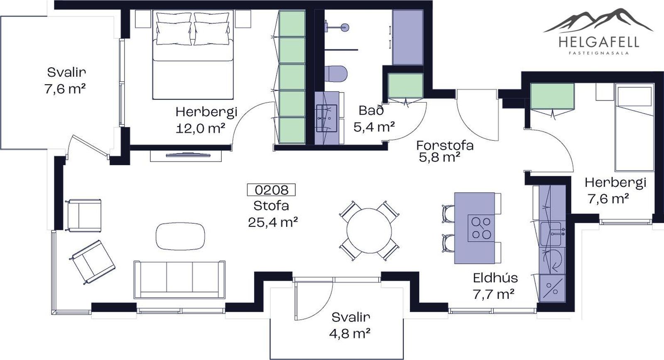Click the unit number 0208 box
pyautogui.click(x=271, y=190)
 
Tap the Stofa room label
pyautogui.click(x=271, y=206)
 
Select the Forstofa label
pyautogui.click(x=445, y=145)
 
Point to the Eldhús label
pyautogui.click(x=495, y=278)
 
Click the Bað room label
pyautogui.click(x=371, y=110)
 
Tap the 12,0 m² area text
pyautogui.click(x=201, y=129)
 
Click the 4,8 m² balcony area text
pyautogui.click(x=350, y=333)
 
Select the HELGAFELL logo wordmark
pyautogui.click(x=599, y=42)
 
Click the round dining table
pyautogui.click(x=369, y=230)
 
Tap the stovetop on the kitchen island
pyautogui.click(x=481, y=228)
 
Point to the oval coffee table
pyautogui.click(x=180, y=236)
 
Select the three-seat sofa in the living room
pyautogui.click(x=179, y=280)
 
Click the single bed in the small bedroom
pyautogui.click(x=635, y=127)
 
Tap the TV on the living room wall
pyautogui.click(x=188, y=154)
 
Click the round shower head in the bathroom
pyautogui.click(x=344, y=27)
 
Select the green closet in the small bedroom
pyautogui.click(x=552, y=96)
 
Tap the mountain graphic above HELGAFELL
pyautogui.click(x=598, y=21)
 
